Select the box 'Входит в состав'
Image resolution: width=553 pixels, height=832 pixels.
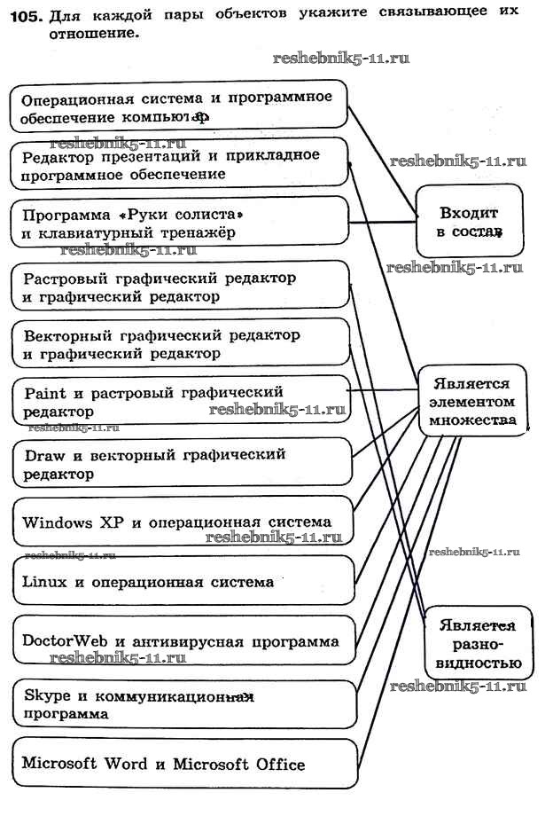[x=469, y=222]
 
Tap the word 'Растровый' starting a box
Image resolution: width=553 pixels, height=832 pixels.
[x=62, y=279]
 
